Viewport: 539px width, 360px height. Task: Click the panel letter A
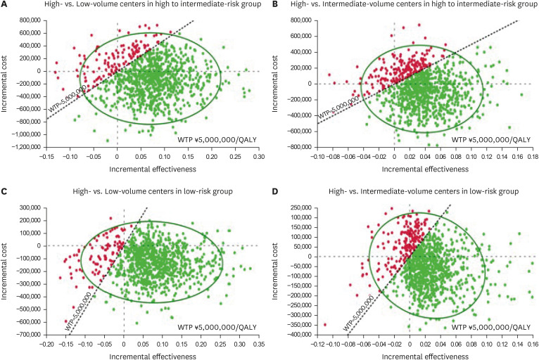4,4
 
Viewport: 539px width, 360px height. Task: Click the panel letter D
274,191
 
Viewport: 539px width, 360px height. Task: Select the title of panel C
153,191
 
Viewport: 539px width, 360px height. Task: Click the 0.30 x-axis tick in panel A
259,157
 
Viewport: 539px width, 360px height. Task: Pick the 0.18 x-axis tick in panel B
533,157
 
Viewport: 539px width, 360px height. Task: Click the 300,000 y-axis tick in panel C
31,208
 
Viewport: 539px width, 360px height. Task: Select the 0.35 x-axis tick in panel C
259,345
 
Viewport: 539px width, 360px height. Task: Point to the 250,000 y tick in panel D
301,208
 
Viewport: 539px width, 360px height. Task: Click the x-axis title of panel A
153,169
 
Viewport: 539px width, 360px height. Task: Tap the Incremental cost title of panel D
274,271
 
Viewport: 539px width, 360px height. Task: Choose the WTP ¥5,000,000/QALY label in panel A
217,139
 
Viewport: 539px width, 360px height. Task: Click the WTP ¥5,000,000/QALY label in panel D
491,328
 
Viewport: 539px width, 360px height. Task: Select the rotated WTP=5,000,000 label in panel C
78,311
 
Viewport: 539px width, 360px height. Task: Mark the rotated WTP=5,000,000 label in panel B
338,108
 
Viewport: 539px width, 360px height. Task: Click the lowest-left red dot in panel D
325,325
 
